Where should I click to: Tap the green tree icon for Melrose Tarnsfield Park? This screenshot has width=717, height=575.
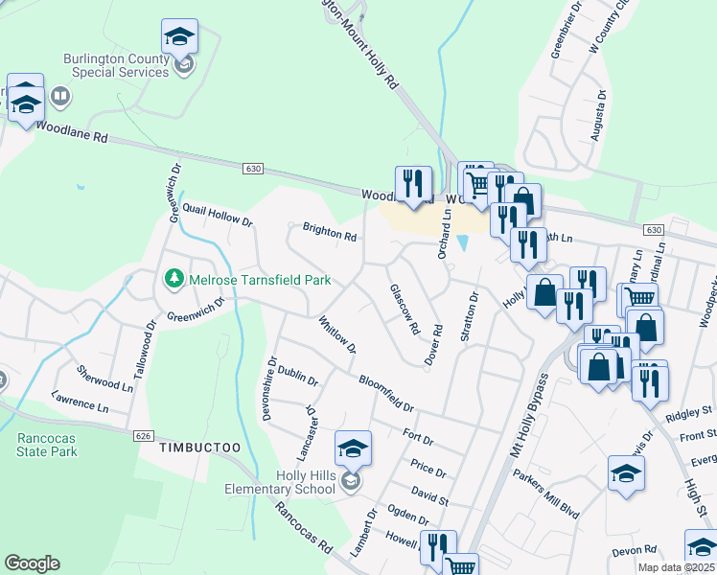[x=174, y=280]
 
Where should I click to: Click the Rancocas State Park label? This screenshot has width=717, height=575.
[x=47, y=445]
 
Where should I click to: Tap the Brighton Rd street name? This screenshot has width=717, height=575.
[x=330, y=232]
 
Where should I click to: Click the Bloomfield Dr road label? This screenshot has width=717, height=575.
[x=385, y=393]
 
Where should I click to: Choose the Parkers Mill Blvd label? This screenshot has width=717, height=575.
[x=546, y=494]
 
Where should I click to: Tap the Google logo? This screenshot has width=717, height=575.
[x=32, y=563]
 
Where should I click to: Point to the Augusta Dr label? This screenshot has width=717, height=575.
[x=598, y=116]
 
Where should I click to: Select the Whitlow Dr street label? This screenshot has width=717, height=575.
[x=336, y=334]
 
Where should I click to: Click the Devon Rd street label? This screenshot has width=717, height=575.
[x=634, y=550]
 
